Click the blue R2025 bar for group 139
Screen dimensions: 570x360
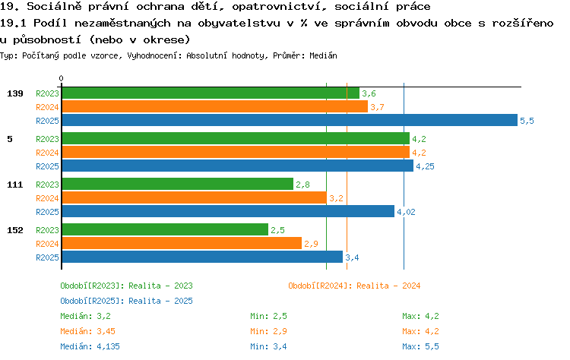290,120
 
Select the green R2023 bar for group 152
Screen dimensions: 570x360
165,229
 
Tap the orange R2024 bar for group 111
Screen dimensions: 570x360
195,197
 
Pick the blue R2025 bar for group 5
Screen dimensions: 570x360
238,166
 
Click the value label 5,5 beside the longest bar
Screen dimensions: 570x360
527,121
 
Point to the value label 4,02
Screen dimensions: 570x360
406,212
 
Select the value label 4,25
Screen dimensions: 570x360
425,166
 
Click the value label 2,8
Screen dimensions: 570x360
302,185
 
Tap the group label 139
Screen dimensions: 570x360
15,93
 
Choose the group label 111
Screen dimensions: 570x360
15,185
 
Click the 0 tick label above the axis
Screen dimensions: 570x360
61,78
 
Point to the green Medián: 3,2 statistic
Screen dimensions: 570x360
85,316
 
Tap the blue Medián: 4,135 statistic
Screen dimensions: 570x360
90,346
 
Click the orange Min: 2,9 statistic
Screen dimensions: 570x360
268,331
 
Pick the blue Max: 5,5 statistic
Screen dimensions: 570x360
420,346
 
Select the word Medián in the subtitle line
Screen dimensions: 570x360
323,55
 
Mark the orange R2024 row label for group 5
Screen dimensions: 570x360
47,153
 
